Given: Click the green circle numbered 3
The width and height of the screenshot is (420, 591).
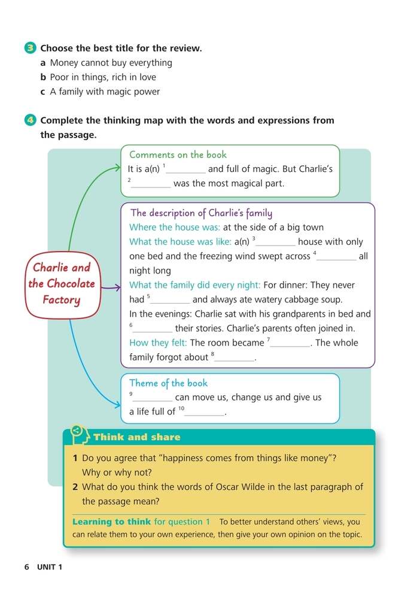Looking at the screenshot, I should [x=32, y=49].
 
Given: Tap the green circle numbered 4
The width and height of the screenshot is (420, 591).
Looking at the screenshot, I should [x=32, y=120].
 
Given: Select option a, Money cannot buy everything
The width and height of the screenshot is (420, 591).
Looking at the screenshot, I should [x=106, y=63].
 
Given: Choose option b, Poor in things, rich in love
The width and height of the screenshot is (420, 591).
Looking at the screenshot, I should [x=98, y=77].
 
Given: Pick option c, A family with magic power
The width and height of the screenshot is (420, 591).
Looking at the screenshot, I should [x=100, y=92].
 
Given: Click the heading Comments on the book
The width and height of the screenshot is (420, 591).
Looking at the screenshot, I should [x=178, y=154].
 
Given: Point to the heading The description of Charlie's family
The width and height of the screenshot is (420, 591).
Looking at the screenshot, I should [x=201, y=213].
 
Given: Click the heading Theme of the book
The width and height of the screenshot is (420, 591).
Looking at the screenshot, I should [x=168, y=383].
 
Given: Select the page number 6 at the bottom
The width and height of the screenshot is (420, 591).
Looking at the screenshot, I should [x=27, y=567].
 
